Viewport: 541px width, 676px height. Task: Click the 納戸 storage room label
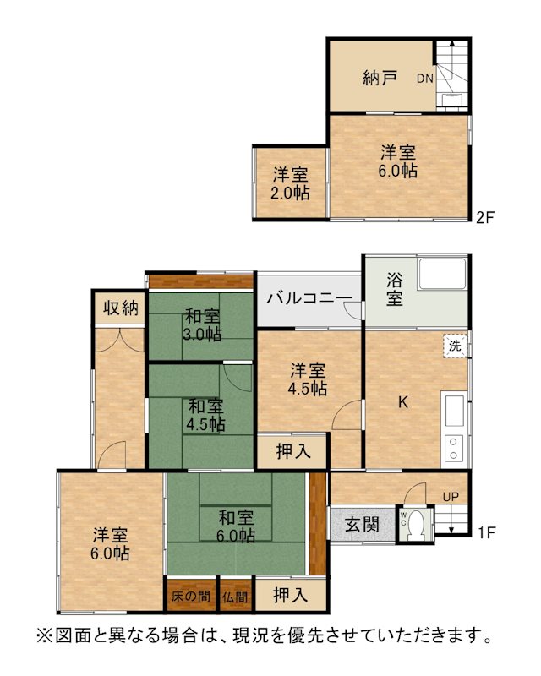[x=380, y=79]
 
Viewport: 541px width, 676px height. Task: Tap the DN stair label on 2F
[x=425, y=79]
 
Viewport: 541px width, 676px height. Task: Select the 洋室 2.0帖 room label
[x=290, y=184]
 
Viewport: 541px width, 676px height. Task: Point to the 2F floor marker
[x=484, y=217]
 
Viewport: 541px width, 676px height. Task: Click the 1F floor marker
[x=486, y=532]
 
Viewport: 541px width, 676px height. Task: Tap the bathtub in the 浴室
[x=442, y=274]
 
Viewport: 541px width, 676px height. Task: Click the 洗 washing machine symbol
[x=455, y=346]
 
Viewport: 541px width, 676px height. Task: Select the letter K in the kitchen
[x=403, y=402]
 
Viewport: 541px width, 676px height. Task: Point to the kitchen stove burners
[x=453, y=449]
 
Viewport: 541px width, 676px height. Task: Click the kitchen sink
[x=454, y=410]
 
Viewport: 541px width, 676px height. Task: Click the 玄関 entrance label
[x=362, y=525]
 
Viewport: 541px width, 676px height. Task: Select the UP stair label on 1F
[x=451, y=497]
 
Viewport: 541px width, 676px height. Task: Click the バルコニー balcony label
[x=309, y=298]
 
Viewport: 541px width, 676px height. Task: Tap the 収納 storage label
[x=121, y=308]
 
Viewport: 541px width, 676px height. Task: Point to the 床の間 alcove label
[x=191, y=597]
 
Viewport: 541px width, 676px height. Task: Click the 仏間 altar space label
[x=236, y=597]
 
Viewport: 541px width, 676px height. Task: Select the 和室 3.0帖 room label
[x=202, y=325]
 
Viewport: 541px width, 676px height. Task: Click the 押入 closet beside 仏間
[x=290, y=596]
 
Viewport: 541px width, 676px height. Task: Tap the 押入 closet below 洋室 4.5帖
[x=293, y=451]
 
